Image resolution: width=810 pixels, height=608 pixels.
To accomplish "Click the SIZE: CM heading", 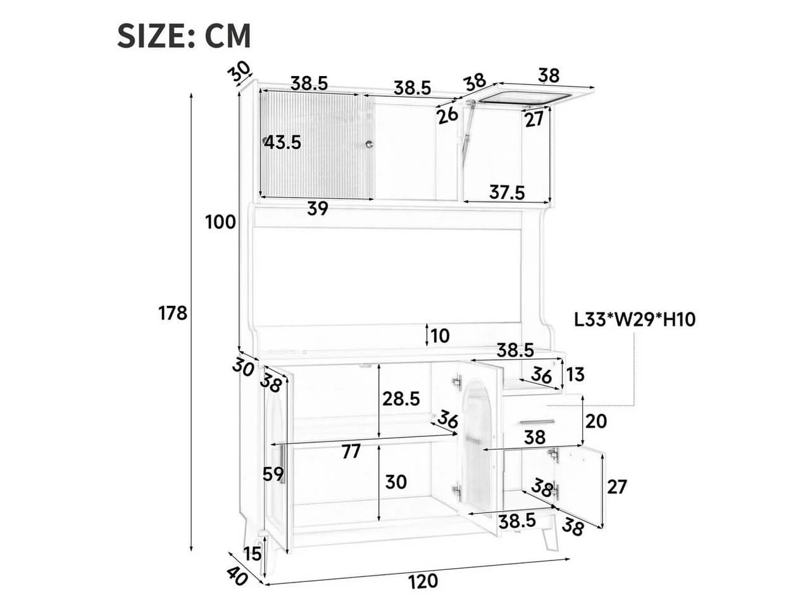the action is (184, 36).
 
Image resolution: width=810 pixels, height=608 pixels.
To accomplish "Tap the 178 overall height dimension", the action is (173, 313).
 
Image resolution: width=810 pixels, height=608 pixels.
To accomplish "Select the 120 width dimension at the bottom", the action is (423, 581).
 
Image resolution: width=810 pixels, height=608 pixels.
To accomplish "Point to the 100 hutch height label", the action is (220, 222).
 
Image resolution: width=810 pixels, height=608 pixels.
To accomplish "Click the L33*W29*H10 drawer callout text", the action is (635, 320).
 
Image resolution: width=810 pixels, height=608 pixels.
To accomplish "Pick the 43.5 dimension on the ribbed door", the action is (283, 142).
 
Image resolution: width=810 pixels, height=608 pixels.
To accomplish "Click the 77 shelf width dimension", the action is (351, 451).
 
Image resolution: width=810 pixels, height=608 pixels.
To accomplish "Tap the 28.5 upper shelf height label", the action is (401, 399).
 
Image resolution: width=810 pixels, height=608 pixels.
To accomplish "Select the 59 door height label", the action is (273, 474).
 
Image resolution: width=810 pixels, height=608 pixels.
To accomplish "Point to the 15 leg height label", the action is (252, 554).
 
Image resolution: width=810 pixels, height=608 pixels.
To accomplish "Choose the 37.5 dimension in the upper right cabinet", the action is (507, 193).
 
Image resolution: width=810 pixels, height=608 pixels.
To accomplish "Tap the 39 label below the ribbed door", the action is (318, 208).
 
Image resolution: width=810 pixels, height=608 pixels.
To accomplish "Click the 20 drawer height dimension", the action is (596, 421).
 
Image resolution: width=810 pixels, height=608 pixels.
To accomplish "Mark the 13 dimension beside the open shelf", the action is (575, 374).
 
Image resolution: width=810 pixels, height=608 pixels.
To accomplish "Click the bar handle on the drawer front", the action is (537, 422).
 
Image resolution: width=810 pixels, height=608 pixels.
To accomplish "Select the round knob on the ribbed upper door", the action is (369, 144).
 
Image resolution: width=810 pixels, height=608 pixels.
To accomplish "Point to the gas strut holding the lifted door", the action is (466, 127).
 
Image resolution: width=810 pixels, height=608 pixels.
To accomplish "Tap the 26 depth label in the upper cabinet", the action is (447, 116).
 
